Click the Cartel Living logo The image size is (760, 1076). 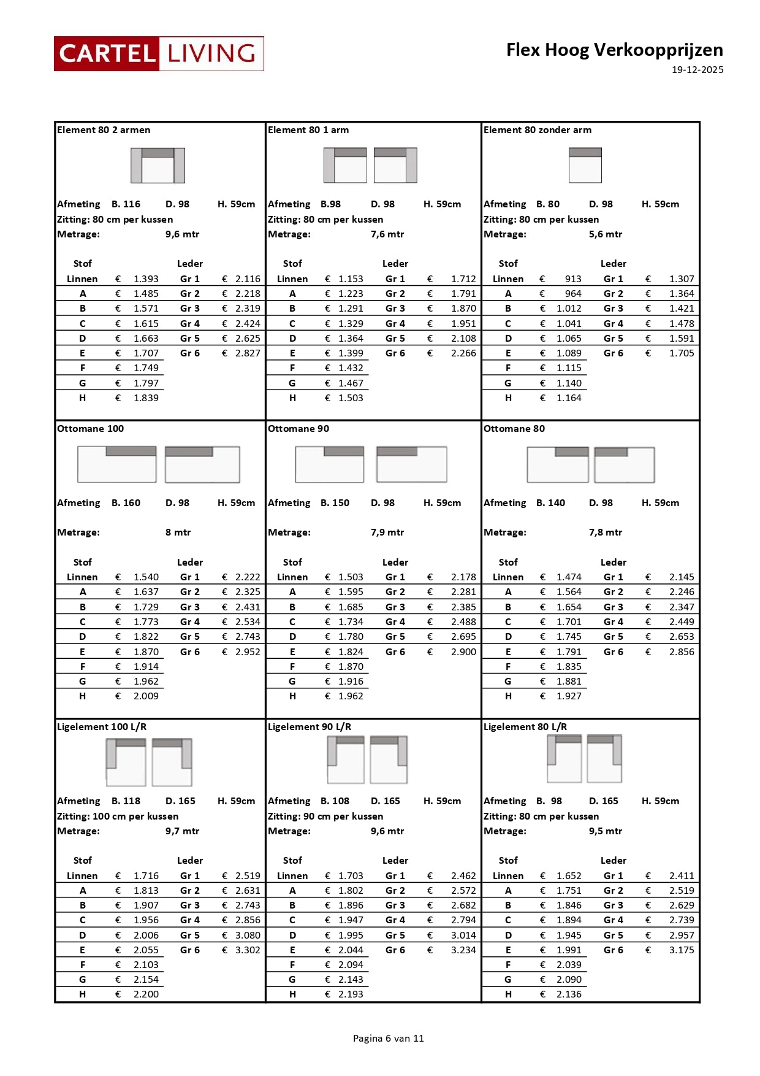click(x=159, y=54)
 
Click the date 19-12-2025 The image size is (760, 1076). click(x=697, y=70)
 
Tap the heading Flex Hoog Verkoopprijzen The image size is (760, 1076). click(x=614, y=50)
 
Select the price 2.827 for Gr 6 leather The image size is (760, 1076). click(x=248, y=353)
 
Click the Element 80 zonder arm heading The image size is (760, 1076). click(x=538, y=130)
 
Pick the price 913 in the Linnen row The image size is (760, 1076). click(x=573, y=279)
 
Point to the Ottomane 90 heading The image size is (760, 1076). click(x=298, y=429)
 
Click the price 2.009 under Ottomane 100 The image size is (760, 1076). click(x=146, y=696)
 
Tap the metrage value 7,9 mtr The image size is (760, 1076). click(x=387, y=532)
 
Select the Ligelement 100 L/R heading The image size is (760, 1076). click(x=102, y=727)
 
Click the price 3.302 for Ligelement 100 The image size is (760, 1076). click(x=248, y=950)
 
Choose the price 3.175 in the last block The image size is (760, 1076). click(x=682, y=950)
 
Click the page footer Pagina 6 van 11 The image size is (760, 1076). click(x=389, y=1038)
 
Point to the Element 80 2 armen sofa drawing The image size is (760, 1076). click(x=158, y=165)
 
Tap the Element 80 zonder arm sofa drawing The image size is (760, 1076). click(x=585, y=165)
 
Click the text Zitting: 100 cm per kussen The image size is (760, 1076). click(x=118, y=817)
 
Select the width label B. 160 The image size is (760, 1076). click(x=126, y=503)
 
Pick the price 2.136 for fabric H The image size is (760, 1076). click(x=569, y=994)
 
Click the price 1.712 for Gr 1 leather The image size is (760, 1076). click(x=463, y=279)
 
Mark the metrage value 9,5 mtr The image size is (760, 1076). click(x=606, y=831)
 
